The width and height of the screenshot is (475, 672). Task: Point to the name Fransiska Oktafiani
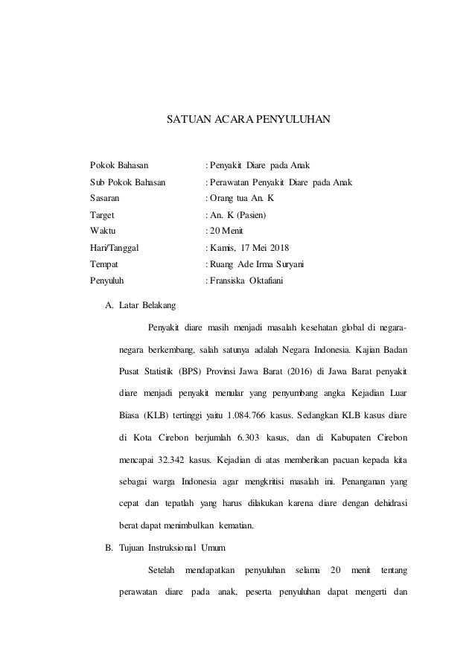click(246, 281)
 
